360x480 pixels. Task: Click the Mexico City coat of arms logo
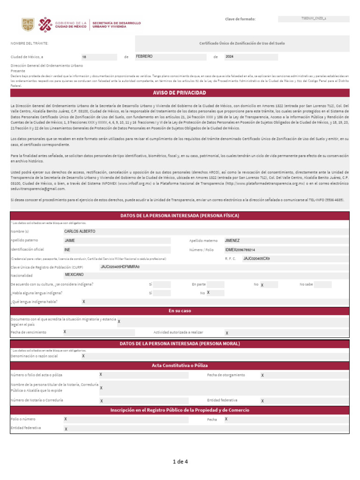28,24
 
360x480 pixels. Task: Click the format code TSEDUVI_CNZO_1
314,19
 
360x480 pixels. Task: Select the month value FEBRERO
144,56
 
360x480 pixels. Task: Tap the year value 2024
230,56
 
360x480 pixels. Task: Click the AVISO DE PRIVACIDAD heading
180,93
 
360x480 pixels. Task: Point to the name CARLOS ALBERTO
80,232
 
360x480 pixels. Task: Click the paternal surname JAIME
70,240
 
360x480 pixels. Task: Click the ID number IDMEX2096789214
240,250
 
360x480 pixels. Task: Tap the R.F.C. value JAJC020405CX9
256,258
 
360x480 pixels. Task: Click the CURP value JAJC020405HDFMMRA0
120,267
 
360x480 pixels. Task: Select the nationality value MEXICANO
74,275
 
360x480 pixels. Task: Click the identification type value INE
67,250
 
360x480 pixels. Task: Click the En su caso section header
180,311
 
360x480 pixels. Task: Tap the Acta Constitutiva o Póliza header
180,365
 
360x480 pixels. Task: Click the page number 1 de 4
180,462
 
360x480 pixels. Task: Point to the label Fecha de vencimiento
29,332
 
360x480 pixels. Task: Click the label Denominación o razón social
34,356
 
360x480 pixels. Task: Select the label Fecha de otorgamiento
226,375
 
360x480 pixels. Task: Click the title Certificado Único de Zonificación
242,43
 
